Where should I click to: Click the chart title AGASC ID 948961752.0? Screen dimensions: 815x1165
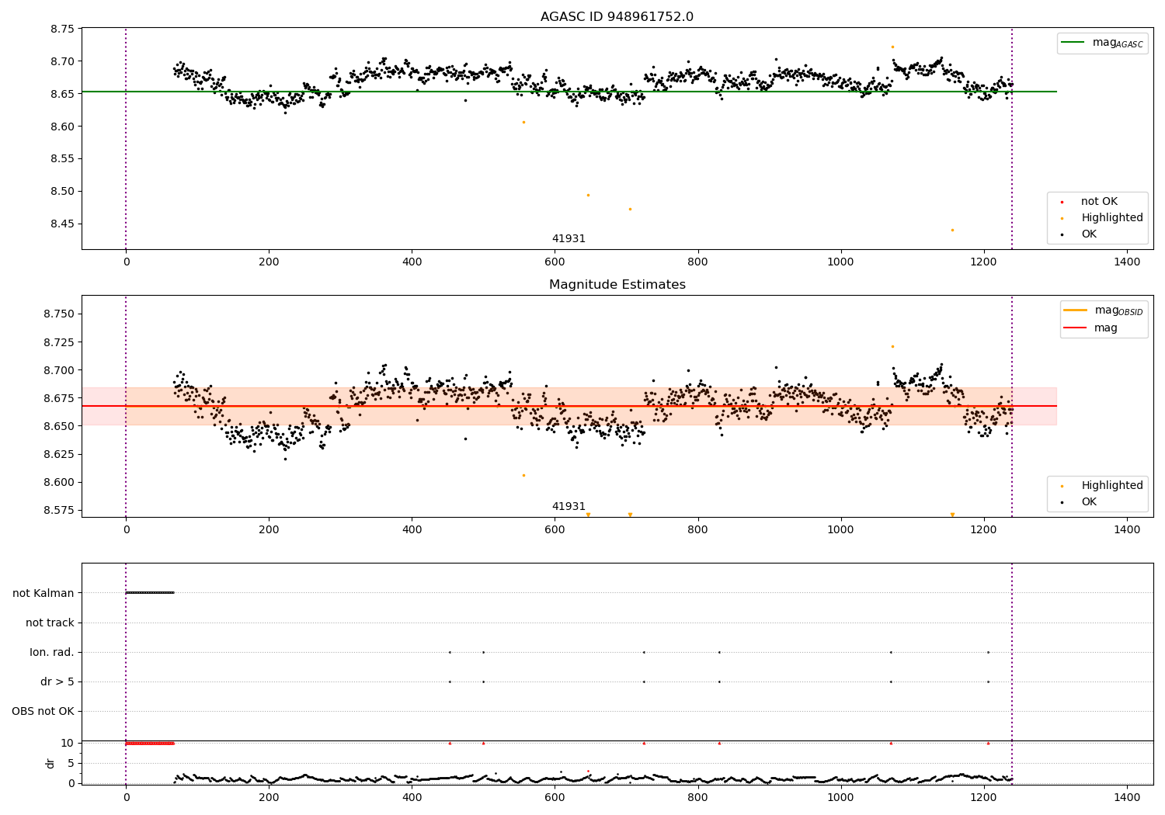[x=617, y=17]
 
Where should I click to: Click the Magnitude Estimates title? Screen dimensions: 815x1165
[x=617, y=285]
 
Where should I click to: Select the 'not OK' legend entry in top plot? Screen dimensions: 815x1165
[x=1098, y=202]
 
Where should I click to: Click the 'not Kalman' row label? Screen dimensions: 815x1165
[x=43, y=593]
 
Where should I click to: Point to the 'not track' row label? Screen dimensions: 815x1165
[x=50, y=623]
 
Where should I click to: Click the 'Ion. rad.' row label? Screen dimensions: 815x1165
[x=52, y=652]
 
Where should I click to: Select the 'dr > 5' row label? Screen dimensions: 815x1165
[x=57, y=681]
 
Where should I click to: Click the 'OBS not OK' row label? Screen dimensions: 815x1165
[x=43, y=711]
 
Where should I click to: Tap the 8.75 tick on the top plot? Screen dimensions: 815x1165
[x=62, y=29]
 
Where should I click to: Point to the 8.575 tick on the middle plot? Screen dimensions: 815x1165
[x=59, y=510]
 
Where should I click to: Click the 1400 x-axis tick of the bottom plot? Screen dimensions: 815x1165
[x=1127, y=796]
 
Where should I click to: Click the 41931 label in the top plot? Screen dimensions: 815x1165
[x=569, y=239]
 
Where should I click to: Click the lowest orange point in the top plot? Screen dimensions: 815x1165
[x=952, y=230]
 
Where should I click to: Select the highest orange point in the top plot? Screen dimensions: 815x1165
[x=892, y=47]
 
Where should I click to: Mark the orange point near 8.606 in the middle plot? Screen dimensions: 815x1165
[x=523, y=475]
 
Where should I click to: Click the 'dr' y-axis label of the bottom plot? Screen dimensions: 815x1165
[x=50, y=763]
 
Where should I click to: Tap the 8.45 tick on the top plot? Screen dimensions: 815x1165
[x=62, y=224]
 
